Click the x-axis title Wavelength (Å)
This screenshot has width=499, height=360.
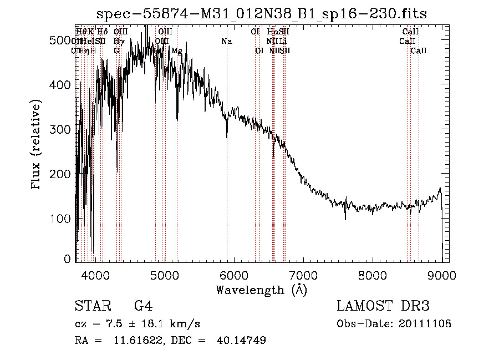[261, 290]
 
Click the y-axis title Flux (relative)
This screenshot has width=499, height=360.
[37, 145]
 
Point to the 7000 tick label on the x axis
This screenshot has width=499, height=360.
[303, 275]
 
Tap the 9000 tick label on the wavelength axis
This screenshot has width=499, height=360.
[441, 275]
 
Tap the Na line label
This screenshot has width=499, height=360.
[226, 42]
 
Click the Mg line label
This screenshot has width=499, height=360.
[176, 51]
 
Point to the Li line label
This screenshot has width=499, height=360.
[283, 42]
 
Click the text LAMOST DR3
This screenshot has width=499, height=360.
[383, 307]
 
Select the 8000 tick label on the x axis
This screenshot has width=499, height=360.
[372, 275]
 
